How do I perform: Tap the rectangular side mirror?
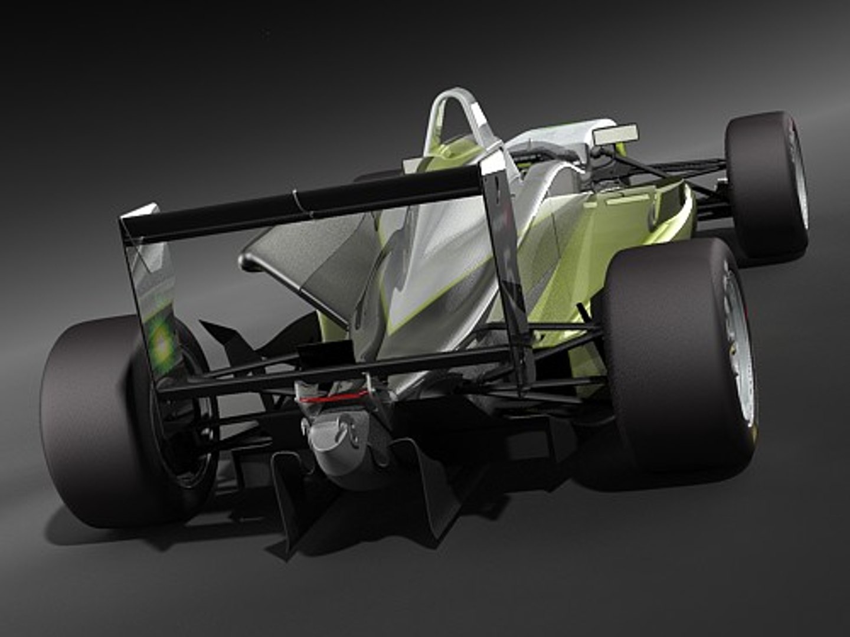615,134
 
